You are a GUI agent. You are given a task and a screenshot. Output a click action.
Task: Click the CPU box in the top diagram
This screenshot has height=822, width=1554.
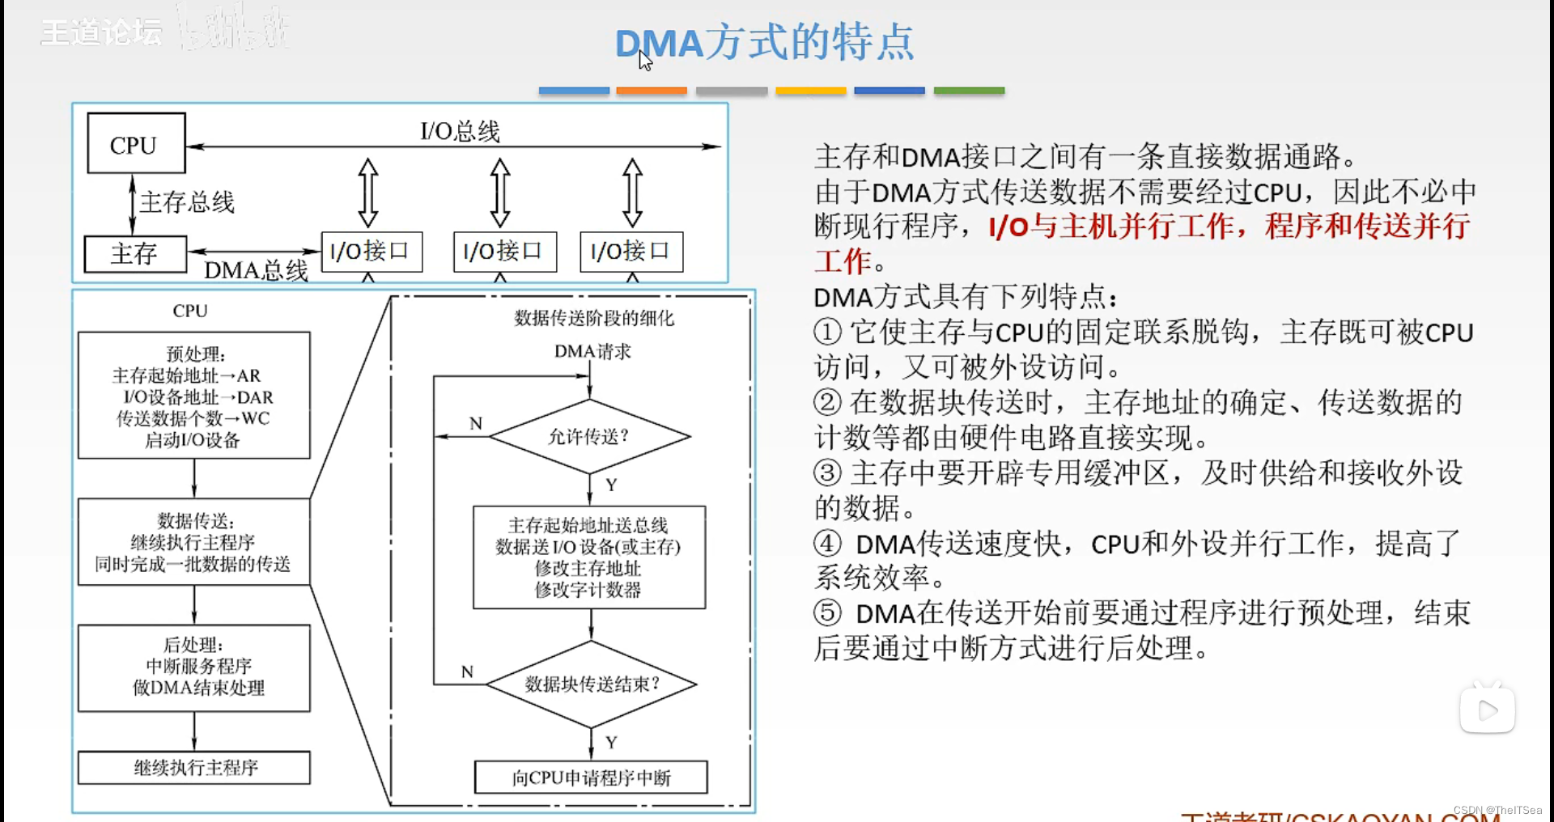point(136,144)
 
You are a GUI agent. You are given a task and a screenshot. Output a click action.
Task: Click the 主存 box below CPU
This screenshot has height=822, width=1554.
point(135,254)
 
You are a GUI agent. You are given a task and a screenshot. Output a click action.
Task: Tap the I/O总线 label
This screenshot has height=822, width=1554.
point(460,131)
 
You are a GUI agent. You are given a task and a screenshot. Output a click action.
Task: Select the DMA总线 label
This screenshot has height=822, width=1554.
point(256,270)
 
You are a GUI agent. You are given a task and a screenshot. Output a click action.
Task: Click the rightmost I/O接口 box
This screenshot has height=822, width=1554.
point(631,252)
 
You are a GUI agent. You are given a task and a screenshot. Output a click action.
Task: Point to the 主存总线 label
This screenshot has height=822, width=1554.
point(187,201)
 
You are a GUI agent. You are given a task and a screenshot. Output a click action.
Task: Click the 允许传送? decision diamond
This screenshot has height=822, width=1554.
point(589,437)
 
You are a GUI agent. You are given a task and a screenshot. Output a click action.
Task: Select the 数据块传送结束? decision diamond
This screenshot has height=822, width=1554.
point(592,684)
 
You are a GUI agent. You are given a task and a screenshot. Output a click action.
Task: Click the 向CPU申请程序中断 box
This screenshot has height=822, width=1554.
point(591,778)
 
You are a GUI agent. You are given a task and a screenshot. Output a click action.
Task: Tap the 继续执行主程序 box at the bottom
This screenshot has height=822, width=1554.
point(194,768)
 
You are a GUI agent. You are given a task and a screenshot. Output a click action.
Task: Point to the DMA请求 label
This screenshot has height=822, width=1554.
point(592,352)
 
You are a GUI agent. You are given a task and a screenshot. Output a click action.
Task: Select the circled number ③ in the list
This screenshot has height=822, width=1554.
point(827,473)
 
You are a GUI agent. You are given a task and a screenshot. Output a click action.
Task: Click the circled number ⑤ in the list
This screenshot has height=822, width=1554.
point(827,613)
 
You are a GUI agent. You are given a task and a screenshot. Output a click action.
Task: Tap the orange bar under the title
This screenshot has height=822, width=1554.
point(652,91)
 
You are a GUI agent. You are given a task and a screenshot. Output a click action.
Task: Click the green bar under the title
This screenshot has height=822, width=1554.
point(969,91)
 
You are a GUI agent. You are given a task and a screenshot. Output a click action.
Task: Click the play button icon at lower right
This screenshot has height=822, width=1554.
point(1487,710)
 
